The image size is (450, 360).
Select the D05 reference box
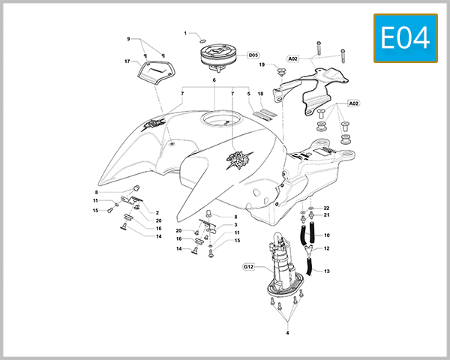253,55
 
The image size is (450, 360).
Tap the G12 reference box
250,266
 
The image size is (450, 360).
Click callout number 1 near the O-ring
186,33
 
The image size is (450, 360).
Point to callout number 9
128,39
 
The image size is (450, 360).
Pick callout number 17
127,61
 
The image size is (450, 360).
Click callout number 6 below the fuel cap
214,79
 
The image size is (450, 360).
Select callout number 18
260,94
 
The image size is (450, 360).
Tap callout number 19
263,64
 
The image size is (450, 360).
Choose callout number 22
327,208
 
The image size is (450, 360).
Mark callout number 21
327,215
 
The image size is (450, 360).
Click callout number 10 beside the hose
327,236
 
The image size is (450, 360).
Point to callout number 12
327,248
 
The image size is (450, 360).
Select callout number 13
327,271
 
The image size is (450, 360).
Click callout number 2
157,213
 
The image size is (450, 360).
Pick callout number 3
235,225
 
